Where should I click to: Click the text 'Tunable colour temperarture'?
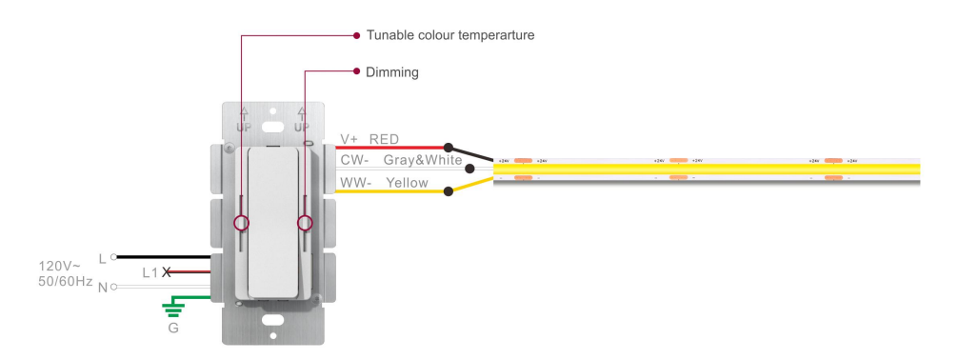click(450, 35)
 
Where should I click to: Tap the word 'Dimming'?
click(392, 71)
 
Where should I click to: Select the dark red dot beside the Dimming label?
click(355, 71)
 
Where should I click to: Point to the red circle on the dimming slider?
click(306, 223)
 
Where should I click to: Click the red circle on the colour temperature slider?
click(242, 223)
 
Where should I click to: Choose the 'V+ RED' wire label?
click(370, 139)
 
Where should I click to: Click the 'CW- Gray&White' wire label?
click(401, 161)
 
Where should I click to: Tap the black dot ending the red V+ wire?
click(449, 149)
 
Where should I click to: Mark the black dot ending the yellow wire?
click(448, 191)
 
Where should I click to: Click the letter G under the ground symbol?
click(172, 329)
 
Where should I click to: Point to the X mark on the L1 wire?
click(168, 272)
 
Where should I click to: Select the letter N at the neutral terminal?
click(103, 287)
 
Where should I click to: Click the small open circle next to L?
click(113, 256)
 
